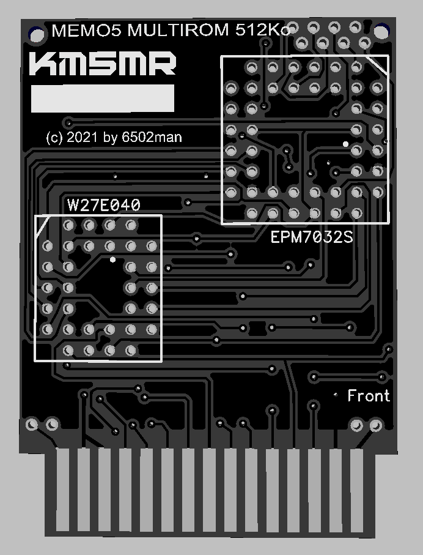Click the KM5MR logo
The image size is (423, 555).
[103, 64]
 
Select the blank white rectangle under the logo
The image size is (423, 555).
[103, 99]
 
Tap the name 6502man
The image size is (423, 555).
[152, 138]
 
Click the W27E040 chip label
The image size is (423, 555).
[104, 205]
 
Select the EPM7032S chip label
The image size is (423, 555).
[312, 237]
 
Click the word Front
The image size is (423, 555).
[369, 396]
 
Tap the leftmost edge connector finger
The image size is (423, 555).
[64, 490]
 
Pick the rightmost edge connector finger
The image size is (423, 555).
[358, 490]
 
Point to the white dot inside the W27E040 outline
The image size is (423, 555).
[112, 260]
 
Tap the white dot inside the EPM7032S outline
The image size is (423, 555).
[345, 144]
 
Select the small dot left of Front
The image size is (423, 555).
[336, 395]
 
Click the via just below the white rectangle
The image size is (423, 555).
[69, 122]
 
